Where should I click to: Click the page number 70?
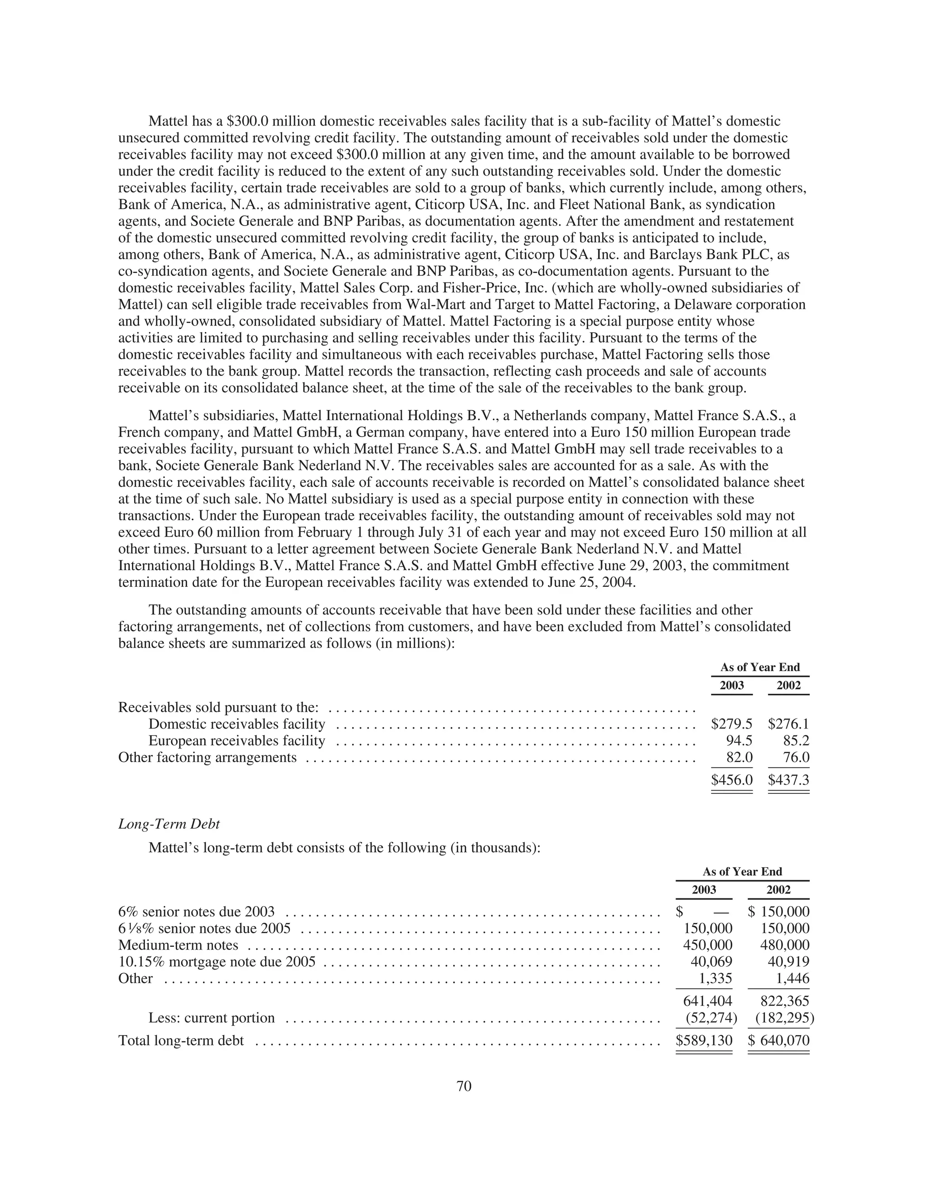pos(464,1086)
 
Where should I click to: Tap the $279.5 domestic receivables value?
pos(731,724)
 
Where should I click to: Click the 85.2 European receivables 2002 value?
pos(796,741)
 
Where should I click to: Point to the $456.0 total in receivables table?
pos(731,780)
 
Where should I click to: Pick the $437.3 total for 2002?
pos(788,780)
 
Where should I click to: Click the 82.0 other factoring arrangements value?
pos(739,758)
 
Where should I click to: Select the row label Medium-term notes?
pos(178,945)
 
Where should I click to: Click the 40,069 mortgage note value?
pos(711,961)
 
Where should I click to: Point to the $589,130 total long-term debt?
pos(704,1041)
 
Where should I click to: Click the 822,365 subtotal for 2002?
pos(785,1001)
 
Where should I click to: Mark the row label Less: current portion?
pos(211,1018)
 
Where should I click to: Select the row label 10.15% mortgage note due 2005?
pos(217,961)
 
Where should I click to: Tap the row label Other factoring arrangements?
pos(207,758)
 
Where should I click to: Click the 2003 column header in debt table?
pos(704,889)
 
